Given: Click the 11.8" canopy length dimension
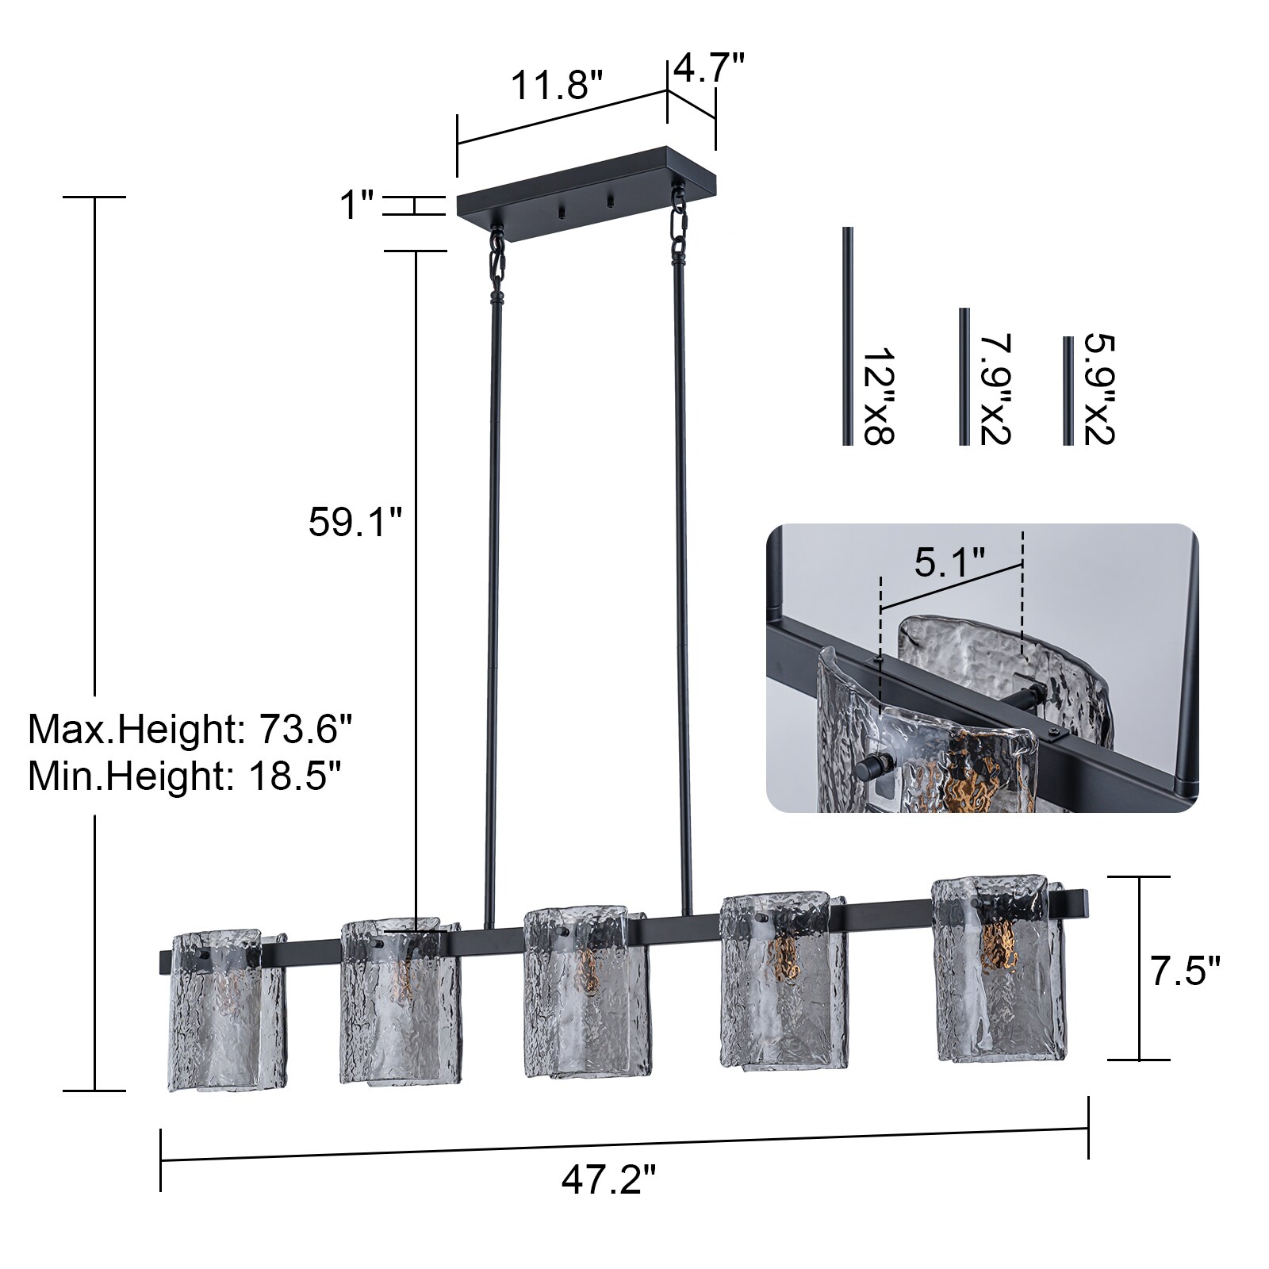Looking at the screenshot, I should [555, 85].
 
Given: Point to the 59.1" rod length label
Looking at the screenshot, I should [355, 523].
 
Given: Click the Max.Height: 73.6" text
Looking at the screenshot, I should [190, 729].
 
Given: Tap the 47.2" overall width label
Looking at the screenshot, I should [608, 1181].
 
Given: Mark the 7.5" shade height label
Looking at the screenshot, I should [1185, 971].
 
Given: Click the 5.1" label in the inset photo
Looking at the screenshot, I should [949, 562].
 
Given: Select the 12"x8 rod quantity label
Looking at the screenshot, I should [878, 394].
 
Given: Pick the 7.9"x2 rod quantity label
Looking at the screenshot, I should [995, 389].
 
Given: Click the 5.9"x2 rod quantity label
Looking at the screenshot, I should [1099, 389].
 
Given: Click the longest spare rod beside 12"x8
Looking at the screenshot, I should [847, 336].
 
